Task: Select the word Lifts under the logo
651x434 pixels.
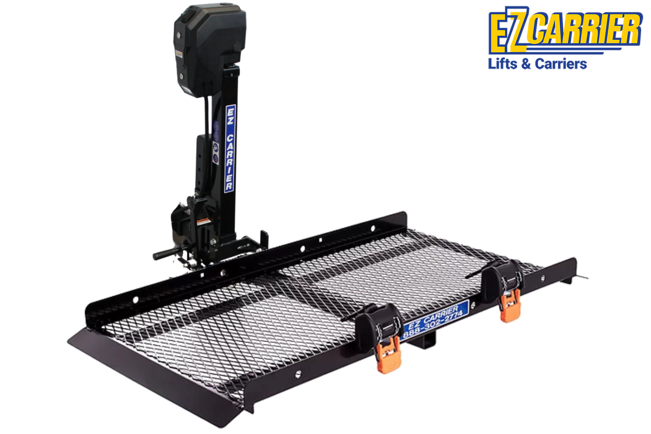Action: [500, 64]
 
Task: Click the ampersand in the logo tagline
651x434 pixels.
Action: [525, 64]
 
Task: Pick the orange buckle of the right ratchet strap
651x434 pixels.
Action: [510, 306]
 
